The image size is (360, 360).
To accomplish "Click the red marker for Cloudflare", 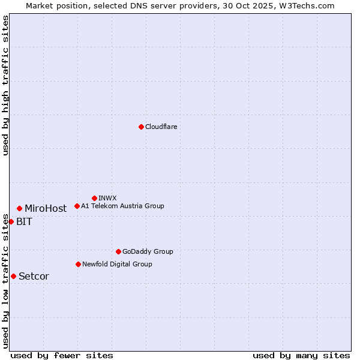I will pyautogui.click(x=141, y=127).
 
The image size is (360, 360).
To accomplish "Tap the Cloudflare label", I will pyautogui.click(x=161, y=127).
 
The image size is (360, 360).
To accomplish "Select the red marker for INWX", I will pyautogui.click(x=94, y=198).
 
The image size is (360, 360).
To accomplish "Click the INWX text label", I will pyautogui.click(x=107, y=198).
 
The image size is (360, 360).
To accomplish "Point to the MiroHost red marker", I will pyautogui.click(x=19, y=208).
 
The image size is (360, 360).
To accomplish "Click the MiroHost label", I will pyautogui.click(x=46, y=209).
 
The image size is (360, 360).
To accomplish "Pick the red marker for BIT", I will pyautogui.click(x=11, y=221).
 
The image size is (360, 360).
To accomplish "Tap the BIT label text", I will pyautogui.click(x=24, y=222).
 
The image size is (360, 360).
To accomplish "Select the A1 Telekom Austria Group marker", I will pyautogui.click(x=77, y=206).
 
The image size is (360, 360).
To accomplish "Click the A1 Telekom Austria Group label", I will pyautogui.click(x=122, y=206).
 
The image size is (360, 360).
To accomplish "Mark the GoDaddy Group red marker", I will pyautogui.click(x=118, y=251).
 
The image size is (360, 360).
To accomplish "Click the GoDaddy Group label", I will pyautogui.click(x=148, y=251).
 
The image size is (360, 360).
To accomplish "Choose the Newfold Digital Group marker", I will pyautogui.click(x=78, y=264).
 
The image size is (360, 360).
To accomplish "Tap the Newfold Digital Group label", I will pyautogui.click(x=117, y=264).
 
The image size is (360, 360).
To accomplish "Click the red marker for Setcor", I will pyautogui.click(x=13, y=276).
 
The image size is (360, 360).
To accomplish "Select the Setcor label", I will pyautogui.click(x=34, y=277).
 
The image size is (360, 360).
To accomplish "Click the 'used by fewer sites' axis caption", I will pyautogui.click(x=62, y=355).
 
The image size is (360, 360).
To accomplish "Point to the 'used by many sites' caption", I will pyautogui.click(x=301, y=355).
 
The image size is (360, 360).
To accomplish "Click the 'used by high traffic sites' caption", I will pyautogui.click(x=5, y=85).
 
